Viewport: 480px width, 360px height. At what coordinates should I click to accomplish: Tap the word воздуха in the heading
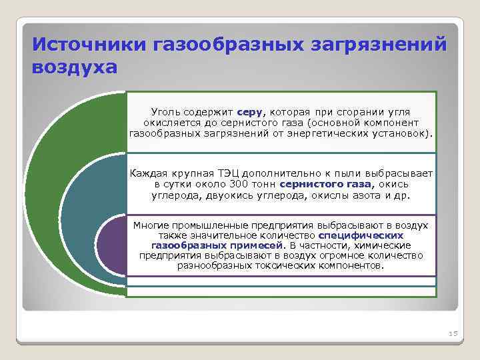pos(74,68)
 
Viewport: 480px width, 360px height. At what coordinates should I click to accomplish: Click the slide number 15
pos(453,333)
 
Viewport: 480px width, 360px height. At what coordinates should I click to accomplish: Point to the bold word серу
pos(250,113)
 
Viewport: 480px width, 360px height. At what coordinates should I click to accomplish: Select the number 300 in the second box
pos(238,184)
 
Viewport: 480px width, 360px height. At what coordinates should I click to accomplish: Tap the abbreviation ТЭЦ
pos(225,173)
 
